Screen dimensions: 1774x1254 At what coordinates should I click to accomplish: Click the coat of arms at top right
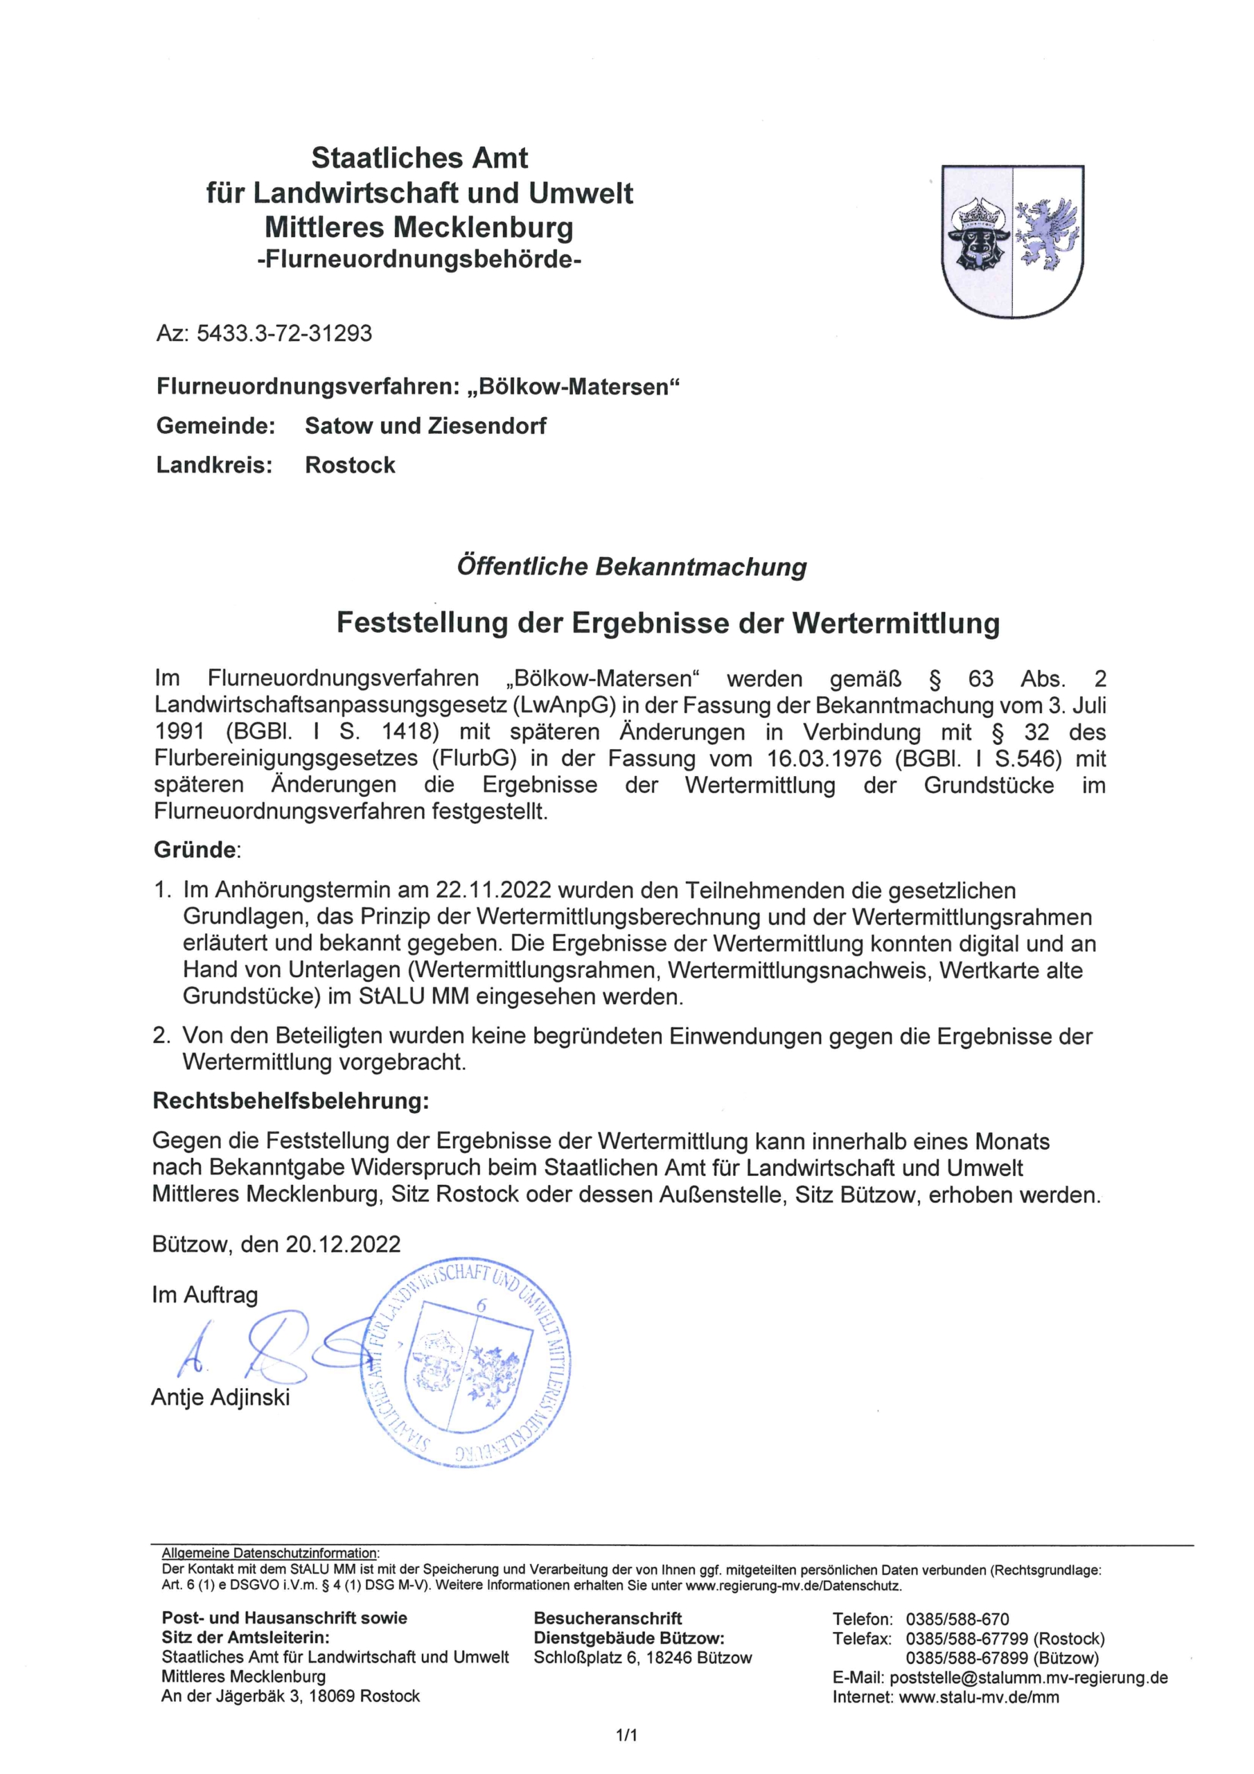[x=1013, y=240]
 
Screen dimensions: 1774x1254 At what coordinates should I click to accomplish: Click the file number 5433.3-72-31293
[x=284, y=333]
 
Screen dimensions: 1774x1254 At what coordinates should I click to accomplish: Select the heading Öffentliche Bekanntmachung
[x=631, y=566]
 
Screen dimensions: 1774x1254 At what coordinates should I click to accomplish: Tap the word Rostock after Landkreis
[x=350, y=465]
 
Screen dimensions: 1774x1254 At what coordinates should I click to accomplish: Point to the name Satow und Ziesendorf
[x=425, y=425]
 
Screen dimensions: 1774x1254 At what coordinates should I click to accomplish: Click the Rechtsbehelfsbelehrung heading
[x=290, y=1100]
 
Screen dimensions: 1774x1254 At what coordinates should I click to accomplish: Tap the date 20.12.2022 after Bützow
[x=342, y=1244]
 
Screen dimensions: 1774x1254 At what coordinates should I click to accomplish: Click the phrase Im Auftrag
[x=205, y=1294]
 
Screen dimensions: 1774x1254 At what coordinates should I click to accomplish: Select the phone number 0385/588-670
[x=957, y=1619]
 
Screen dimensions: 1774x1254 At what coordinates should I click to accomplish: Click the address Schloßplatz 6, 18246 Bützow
[x=642, y=1658]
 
